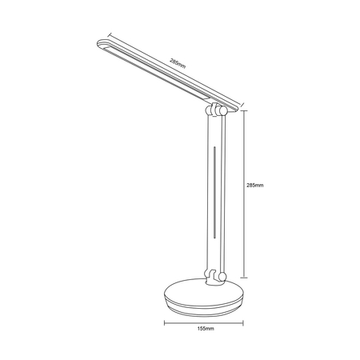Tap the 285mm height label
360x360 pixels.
pos(255,185)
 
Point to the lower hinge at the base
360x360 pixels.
pos(214,277)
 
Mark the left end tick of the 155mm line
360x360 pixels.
pos(165,324)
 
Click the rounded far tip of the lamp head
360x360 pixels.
pos(100,44)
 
